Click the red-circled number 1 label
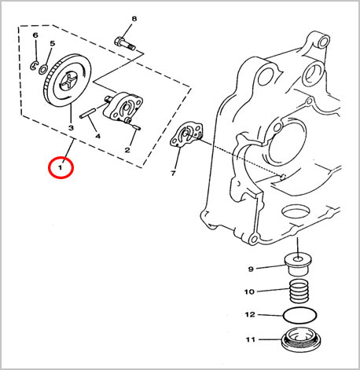pyautogui.click(x=61, y=167)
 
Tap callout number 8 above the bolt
pyautogui.click(x=134, y=19)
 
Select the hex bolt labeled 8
pyautogui.click(x=125, y=44)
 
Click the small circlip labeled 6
pyautogui.click(x=34, y=65)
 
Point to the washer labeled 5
pyautogui.click(x=43, y=70)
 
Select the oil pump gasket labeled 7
pyautogui.click(x=186, y=134)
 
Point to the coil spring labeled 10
pyautogui.click(x=299, y=291)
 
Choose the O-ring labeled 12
pyautogui.click(x=300, y=316)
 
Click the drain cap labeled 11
pyautogui.click(x=300, y=340)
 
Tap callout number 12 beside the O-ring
pyautogui.click(x=250, y=314)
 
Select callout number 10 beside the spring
pyautogui.click(x=249, y=291)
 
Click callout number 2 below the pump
pyautogui.click(x=127, y=150)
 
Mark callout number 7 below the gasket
pyautogui.click(x=173, y=173)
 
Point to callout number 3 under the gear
pyautogui.click(x=71, y=128)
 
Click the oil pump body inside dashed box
pyautogui.click(x=123, y=108)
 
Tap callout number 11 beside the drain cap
pyautogui.click(x=250, y=339)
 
